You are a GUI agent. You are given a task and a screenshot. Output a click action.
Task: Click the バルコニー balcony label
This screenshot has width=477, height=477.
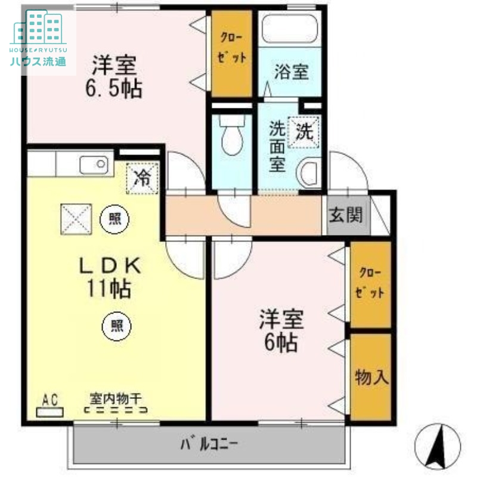click(x=209, y=444)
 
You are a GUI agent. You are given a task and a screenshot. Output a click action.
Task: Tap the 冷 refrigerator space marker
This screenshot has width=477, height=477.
click(x=142, y=177)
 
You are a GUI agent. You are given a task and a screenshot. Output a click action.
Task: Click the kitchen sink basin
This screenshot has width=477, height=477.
click(x=92, y=164)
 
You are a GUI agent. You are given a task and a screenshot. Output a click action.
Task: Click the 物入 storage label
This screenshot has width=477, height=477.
click(x=372, y=377)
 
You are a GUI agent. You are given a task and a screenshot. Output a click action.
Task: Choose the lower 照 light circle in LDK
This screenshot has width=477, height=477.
click(x=116, y=326)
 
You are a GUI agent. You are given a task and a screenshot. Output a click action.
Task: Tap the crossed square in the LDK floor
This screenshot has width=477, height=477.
click(x=76, y=219)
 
